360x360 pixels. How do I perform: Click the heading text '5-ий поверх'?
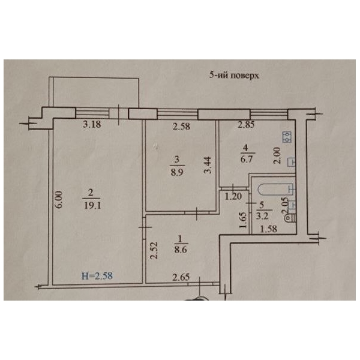pos(234,76)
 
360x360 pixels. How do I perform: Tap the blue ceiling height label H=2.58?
pos(97,276)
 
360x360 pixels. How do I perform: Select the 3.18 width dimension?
pos(92,124)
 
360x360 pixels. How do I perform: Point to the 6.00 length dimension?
pos(59,200)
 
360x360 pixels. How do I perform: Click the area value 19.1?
pos(92,205)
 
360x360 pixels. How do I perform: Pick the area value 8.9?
pos(177,172)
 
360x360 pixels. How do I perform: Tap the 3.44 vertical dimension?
pos(208,165)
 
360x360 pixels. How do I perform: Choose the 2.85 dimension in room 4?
pos(246,125)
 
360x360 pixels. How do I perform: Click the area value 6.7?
pos(247,159)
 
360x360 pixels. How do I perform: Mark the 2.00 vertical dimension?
pos(277,155)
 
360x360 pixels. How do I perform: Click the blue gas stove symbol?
pos(287,137)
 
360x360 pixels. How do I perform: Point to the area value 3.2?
pos(262,216)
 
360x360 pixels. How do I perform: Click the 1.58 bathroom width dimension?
pos(269,229)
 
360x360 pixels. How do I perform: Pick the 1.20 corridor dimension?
pos(233,197)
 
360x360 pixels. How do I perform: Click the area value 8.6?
pos(181,250)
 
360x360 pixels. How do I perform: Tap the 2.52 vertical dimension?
pos(154,250)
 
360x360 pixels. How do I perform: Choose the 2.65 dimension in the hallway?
pos(181,278)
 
